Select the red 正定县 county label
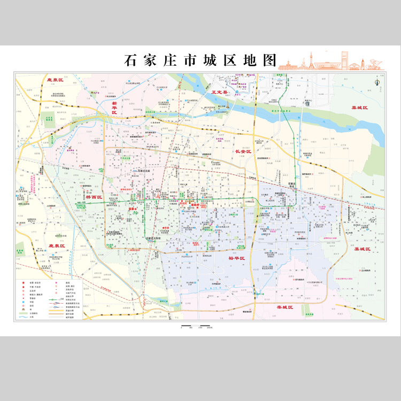click(x=219, y=92)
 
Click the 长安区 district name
click(x=243, y=152)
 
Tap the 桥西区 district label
click(x=94, y=197)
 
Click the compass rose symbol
click(x=376, y=81)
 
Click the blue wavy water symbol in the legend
click(x=24, y=317)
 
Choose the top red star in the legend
click(x=24, y=282)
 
